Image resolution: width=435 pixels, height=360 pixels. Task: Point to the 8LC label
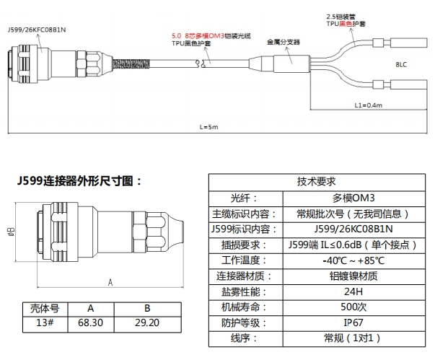(401, 64)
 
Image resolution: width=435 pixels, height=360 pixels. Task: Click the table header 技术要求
(316, 182)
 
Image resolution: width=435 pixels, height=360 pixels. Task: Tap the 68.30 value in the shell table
(92, 322)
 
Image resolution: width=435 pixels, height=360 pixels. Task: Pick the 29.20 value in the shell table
(146, 322)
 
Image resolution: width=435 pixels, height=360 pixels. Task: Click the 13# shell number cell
(43, 322)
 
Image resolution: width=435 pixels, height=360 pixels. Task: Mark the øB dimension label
(10, 232)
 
